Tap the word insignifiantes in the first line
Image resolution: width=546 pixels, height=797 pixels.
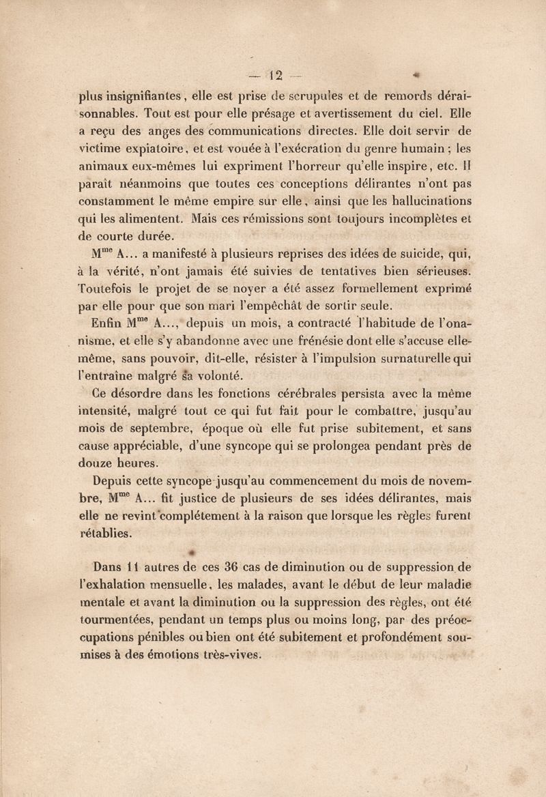pyautogui.click(x=141, y=95)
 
